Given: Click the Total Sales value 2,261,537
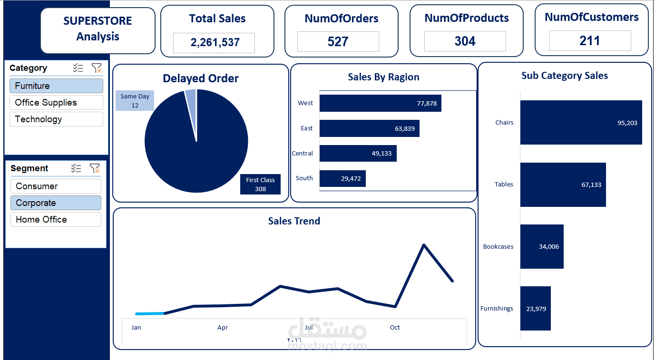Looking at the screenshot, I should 215,43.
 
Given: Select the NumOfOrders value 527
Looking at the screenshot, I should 338,42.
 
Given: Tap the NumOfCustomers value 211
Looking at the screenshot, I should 589,41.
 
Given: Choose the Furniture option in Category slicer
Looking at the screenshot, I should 56,86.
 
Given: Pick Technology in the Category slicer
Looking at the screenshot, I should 56,119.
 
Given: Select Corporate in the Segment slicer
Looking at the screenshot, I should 56,203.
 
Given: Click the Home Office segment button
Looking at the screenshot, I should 56,220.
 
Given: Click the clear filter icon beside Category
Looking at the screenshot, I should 97,68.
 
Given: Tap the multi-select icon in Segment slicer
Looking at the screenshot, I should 76,168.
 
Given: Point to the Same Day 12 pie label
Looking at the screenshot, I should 135,101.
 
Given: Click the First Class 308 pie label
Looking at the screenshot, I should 260,185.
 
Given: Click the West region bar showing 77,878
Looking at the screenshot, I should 380,103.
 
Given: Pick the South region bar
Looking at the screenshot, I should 342,179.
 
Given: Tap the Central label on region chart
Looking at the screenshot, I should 303,154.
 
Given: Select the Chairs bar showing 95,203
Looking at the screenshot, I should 581,123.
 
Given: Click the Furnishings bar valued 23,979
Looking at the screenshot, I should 535,309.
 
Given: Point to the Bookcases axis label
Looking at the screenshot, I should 498,247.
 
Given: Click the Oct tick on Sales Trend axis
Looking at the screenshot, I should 395,328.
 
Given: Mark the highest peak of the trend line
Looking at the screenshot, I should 423,245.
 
